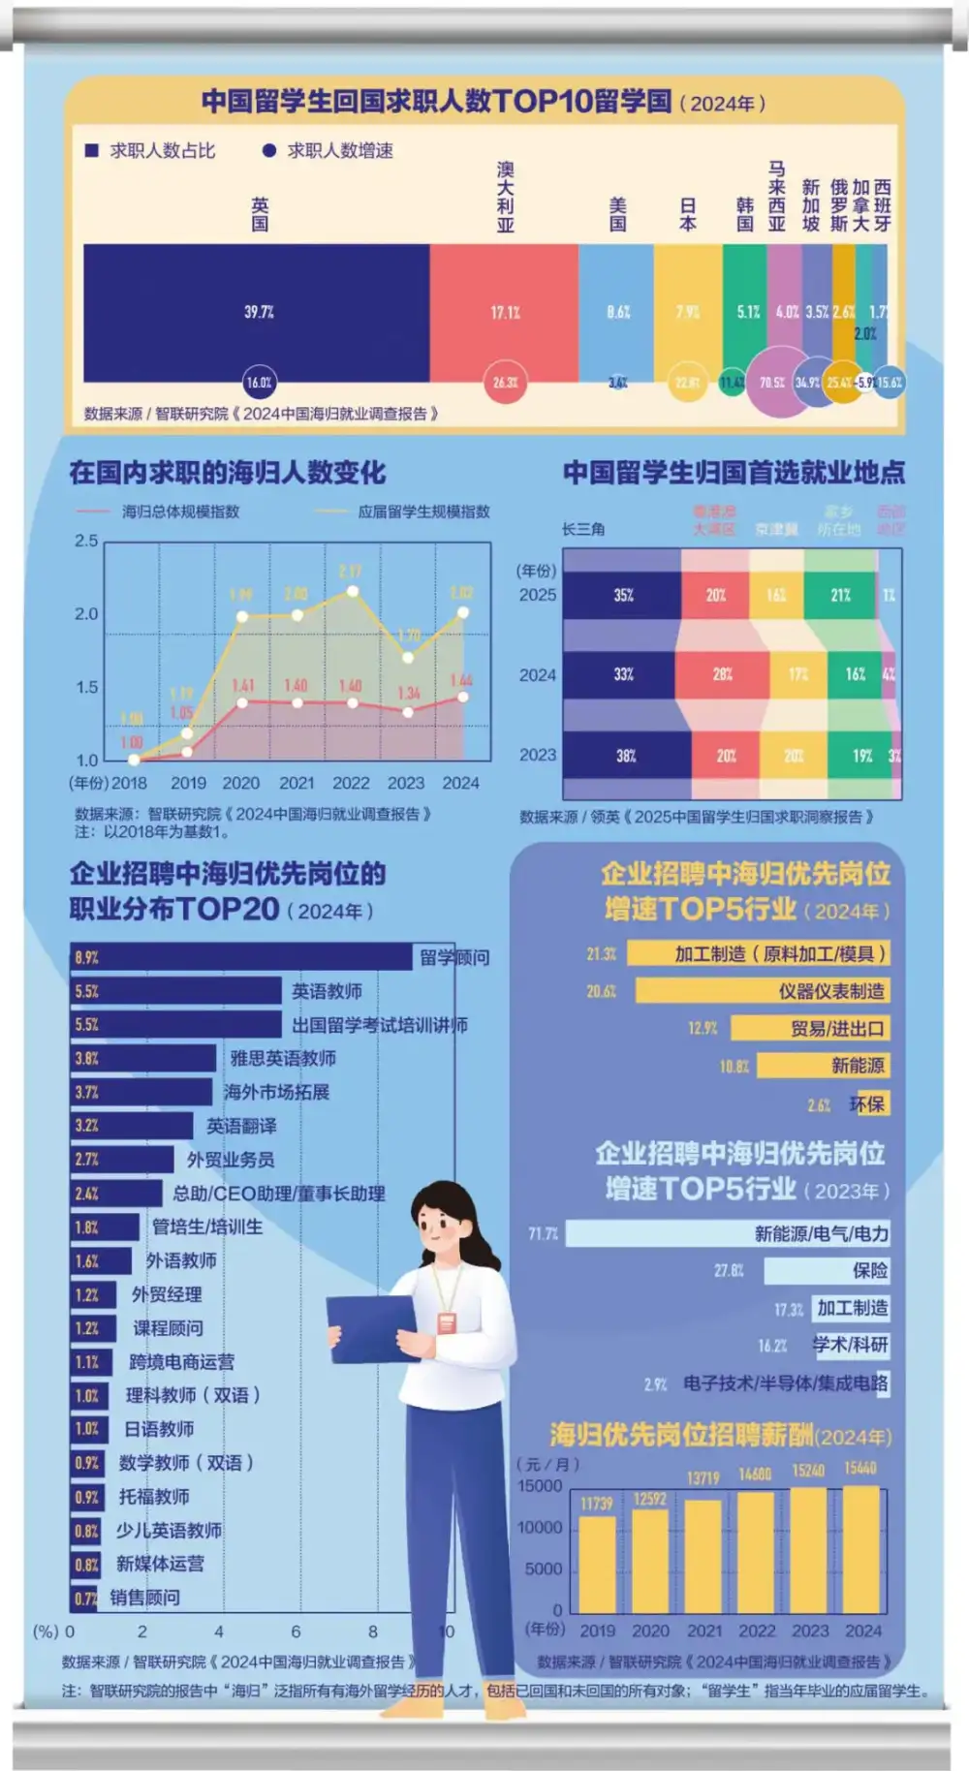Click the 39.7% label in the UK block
[259, 312]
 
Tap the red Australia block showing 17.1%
[504, 312]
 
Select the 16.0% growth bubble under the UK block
[259, 383]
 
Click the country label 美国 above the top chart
[618, 214]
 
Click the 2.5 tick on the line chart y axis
[86, 541]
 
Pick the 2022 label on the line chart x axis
[351, 783]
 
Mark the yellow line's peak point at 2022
[353, 591]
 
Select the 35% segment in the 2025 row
[622, 595]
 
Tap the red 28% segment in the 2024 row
[722, 674]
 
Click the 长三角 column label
[583, 529]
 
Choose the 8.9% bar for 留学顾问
[242, 957]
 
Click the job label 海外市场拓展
[277, 1092]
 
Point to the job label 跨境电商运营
[181, 1362]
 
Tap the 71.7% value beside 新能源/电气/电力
[543, 1233]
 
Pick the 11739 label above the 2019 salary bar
[597, 1504]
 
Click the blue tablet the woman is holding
[372, 1327]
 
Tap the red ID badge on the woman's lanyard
[447, 1322]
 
